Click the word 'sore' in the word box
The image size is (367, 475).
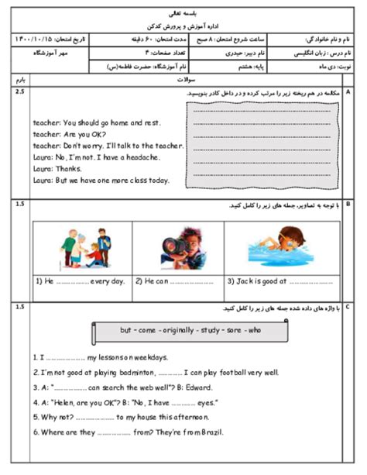pos(230,332)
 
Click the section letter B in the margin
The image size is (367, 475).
pos(348,205)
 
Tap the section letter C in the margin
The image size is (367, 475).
pos(348,308)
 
